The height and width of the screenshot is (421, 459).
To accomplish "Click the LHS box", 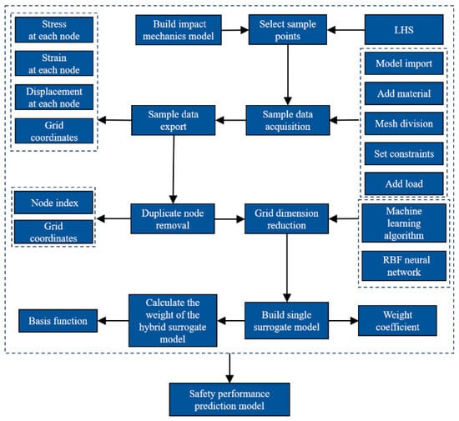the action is point(404,29).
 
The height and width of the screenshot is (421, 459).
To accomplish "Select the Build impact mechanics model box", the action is point(179,30).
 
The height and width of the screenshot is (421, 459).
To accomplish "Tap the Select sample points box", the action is point(287,29).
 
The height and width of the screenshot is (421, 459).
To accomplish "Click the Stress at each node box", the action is point(54,29).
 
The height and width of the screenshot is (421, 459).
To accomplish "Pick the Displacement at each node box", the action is point(54,97).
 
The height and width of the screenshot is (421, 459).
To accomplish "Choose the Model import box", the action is point(404,63).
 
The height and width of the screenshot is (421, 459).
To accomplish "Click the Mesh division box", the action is point(404,123).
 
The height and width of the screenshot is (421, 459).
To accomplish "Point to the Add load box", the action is point(404,183).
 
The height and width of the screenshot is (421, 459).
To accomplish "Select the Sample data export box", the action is point(173,120).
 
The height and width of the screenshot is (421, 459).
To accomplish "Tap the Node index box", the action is point(53,203).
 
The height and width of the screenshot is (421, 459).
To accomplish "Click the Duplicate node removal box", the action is point(173,218).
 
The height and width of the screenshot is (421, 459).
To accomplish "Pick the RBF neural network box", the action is point(404,266).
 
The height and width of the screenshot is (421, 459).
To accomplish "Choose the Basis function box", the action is point(58,321).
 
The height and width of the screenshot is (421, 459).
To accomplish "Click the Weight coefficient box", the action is point(397,320).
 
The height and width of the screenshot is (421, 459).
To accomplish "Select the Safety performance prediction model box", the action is point(229,399).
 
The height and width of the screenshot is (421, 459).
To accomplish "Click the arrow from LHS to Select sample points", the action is point(346,29).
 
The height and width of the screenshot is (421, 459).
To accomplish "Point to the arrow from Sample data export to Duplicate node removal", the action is point(174,169).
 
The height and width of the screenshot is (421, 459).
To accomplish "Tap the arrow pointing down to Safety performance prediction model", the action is point(229,368).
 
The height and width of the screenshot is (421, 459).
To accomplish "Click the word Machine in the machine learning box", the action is point(404,211).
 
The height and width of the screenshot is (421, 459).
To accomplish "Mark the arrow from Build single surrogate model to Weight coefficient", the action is point(343,321).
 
